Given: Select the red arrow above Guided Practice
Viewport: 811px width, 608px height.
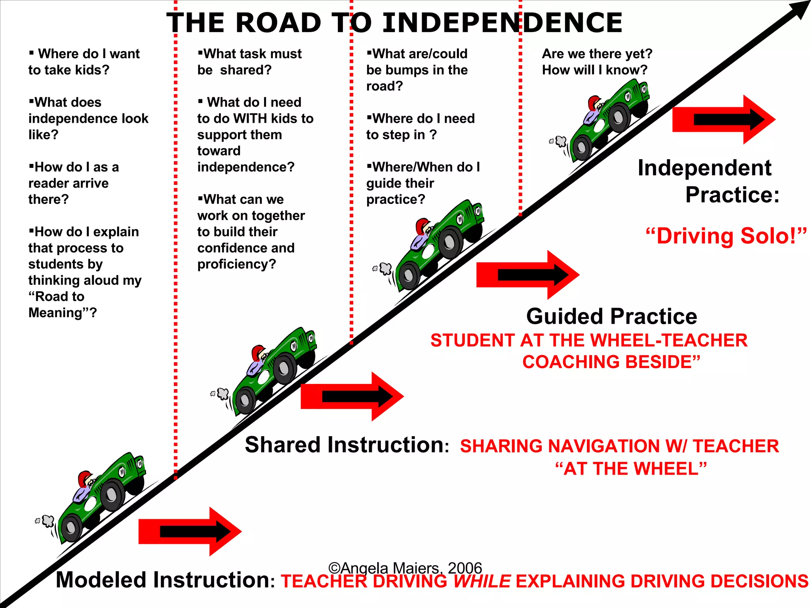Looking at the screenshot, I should (x=527, y=275).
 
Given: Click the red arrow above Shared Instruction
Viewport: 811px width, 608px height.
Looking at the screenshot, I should (x=352, y=397).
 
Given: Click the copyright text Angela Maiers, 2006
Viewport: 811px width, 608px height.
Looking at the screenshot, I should (x=405, y=568).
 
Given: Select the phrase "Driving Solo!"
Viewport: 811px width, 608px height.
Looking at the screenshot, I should (x=726, y=236).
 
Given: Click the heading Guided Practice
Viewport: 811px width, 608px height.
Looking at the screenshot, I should (x=611, y=317).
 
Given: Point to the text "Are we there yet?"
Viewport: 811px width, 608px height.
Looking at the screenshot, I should (x=597, y=54).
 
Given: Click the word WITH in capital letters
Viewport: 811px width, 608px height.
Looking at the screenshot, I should (x=250, y=119).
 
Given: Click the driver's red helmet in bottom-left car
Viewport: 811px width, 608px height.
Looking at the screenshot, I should (x=84, y=478).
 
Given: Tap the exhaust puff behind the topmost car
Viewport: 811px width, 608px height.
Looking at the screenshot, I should (x=561, y=141).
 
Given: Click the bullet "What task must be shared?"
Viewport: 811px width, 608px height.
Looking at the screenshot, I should (x=249, y=62).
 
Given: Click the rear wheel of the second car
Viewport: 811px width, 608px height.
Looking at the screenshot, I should (x=245, y=401).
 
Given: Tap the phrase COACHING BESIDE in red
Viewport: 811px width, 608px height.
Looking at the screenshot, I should (x=611, y=362).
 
